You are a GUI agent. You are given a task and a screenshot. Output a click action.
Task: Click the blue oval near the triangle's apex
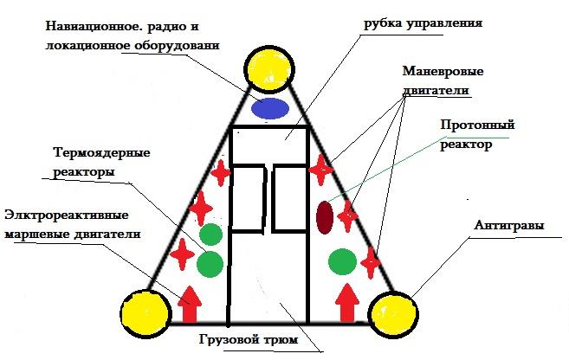270,108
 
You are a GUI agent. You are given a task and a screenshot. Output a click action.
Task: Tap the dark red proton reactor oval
325,217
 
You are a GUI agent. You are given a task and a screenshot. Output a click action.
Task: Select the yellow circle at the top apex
269,68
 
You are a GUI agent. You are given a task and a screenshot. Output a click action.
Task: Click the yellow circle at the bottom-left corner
145,314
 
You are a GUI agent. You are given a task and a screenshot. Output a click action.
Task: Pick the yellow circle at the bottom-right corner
393,314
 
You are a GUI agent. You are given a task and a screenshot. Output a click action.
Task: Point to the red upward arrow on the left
190,304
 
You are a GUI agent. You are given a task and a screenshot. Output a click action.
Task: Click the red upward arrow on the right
347,303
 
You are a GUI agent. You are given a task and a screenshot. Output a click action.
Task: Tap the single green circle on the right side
343,261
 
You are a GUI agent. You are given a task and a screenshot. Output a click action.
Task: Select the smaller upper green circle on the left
210,235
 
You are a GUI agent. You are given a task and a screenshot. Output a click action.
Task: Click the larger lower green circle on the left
210,264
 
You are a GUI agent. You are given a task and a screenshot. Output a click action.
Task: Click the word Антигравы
509,226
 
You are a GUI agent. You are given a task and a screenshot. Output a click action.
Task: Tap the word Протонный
477,125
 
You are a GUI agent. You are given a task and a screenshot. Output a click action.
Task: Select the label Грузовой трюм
249,340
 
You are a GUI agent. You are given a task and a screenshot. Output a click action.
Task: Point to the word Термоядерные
101,152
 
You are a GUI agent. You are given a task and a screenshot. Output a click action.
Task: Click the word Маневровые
443,71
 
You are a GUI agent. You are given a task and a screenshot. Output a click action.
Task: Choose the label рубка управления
424,23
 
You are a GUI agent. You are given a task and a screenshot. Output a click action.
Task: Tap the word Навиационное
93,26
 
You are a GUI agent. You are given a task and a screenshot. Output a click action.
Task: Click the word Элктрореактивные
67,215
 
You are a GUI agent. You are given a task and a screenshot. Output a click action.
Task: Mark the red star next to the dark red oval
347,216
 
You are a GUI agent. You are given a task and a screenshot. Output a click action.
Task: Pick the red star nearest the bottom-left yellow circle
183,254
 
